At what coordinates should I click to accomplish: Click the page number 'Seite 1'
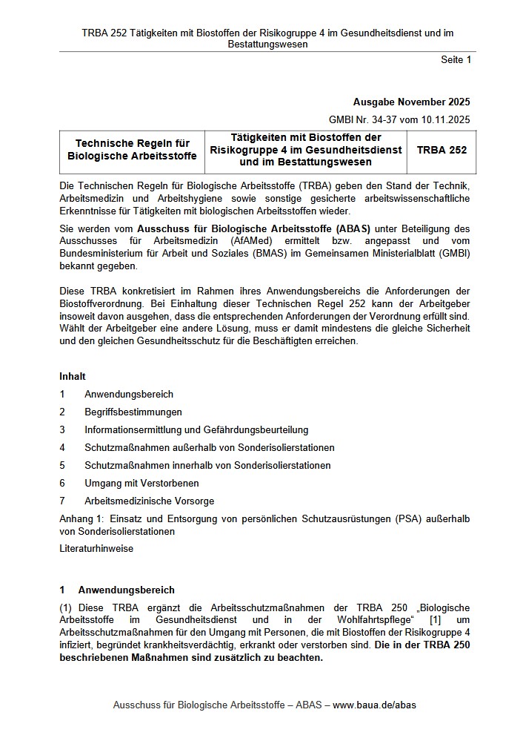pyautogui.click(x=456, y=60)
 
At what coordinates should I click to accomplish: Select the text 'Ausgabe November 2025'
pyautogui.click(x=411, y=102)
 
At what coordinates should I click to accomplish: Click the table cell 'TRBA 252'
pyautogui.click(x=442, y=150)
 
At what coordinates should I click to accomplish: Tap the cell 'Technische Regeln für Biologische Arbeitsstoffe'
pyautogui.click(x=132, y=150)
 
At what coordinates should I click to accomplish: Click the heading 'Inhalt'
pyautogui.click(x=73, y=377)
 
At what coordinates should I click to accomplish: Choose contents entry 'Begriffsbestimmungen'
pyautogui.click(x=133, y=412)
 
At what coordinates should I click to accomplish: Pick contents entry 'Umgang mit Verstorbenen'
pyautogui.click(x=141, y=483)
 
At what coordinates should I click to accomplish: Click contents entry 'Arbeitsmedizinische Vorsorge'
pyautogui.click(x=150, y=501)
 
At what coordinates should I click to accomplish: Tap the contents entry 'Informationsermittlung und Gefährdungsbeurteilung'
pyautogui.click(x=196, y=429)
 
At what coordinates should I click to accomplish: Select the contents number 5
pyautogui.click(x=63, y=465)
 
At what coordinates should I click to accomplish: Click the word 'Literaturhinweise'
pyautogui.click(x=96, y=549)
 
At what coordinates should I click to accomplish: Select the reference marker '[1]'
pyautogui.click(x=436, y=620)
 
